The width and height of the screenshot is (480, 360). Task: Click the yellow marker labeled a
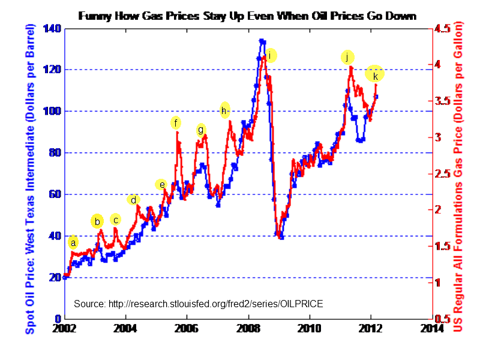(x=73, y=242)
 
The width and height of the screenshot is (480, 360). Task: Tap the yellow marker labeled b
(x=97, y=221)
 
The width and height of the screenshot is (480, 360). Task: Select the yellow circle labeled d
(x=133, y=200)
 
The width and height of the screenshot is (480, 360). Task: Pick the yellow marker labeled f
(x=175, y=123)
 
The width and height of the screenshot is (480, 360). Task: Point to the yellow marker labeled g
(x=201, y=130)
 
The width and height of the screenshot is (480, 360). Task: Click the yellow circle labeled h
(x=224, y=110)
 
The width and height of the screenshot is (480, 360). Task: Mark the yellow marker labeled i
(x=270, y=56)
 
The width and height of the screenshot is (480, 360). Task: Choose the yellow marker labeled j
(x=347, y=57)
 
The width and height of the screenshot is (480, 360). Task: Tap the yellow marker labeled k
(x=375, y=75)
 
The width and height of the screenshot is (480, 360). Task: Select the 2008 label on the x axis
(x=248, y=328)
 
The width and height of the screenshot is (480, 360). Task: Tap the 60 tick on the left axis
(x=55, y=194)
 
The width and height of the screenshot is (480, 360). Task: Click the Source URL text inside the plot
(x=198, y=304)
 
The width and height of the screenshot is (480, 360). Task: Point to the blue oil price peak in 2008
(x=262, y=41)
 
